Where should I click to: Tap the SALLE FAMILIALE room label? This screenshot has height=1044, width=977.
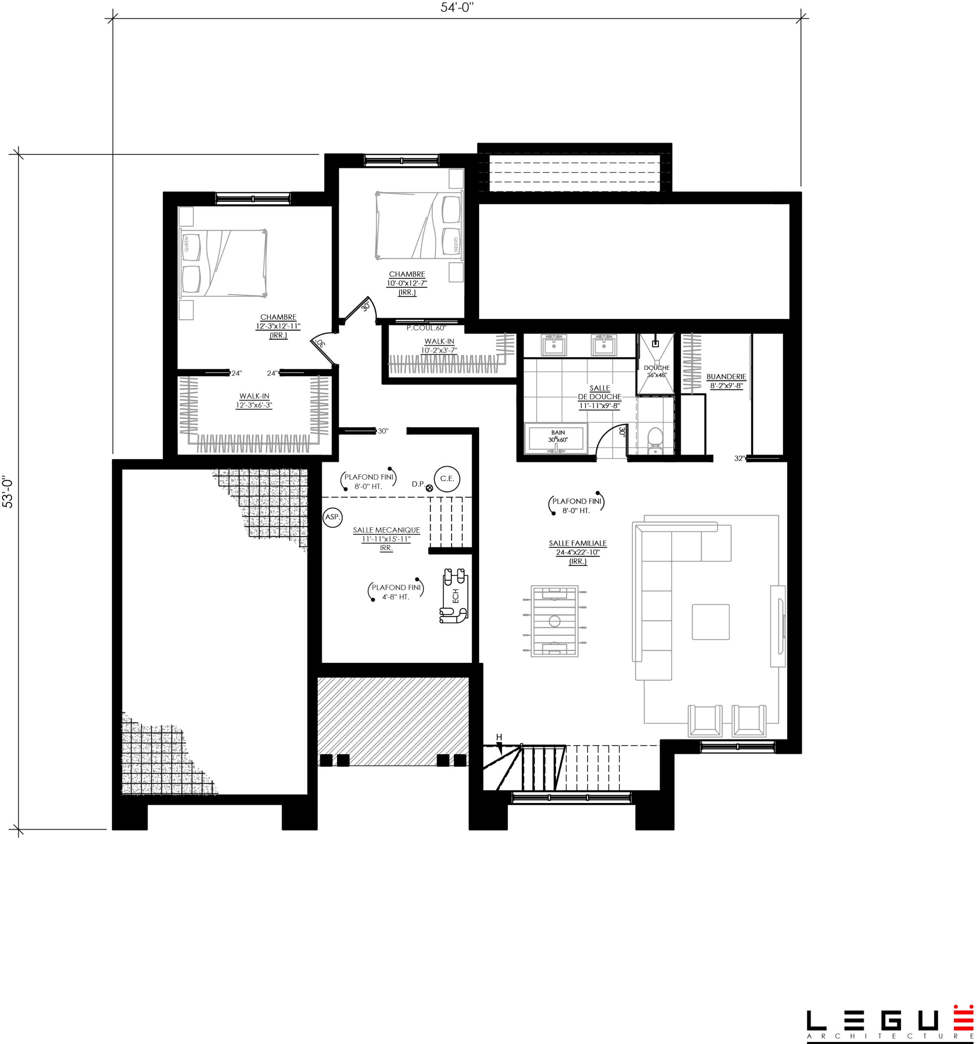[x=577, y=543]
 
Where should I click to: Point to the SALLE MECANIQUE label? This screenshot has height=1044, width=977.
[x=386, y=530]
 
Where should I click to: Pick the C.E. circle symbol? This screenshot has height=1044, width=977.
[x=447, y=478]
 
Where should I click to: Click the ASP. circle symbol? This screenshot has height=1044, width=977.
[x=332, y=517]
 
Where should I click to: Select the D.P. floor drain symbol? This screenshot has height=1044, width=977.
[x=429, y=487]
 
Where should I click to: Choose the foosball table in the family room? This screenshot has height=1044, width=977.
[x=555, y=621]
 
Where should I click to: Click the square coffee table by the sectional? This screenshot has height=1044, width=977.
[x=710, y=622]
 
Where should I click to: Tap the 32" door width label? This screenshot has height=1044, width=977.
[x=739, y=458]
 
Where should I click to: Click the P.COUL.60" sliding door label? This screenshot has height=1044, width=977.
[x=426, y=328]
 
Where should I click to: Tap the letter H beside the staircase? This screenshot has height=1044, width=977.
[x=499, y=737]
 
